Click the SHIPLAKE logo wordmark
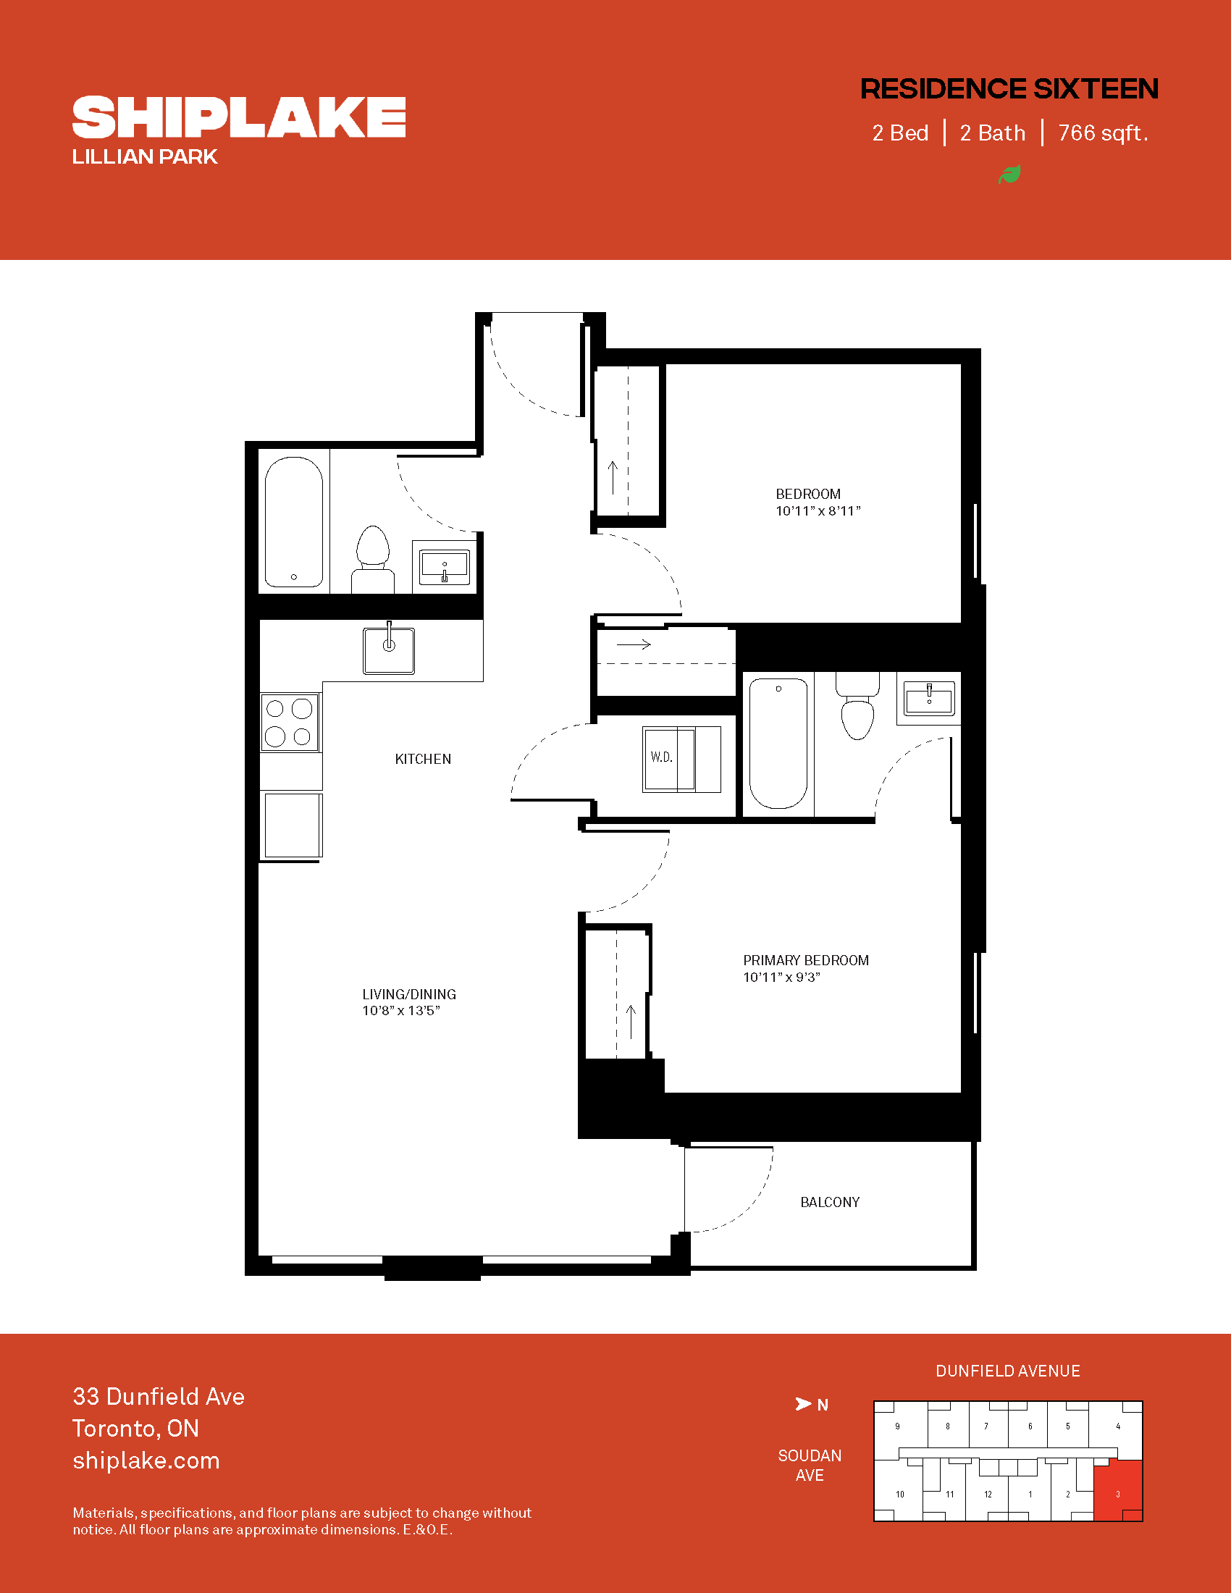coord(239,117)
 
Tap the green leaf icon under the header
coord(1009,175)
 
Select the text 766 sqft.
coord(1103,133)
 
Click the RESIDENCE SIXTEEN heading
coord(1009,89)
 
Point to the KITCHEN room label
coord(423,760)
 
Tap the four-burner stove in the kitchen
coord(290,722)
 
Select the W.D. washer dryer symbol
coord(681,759)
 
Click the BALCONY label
coord(830,1202)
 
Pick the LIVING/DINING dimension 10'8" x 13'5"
coord(401,1011)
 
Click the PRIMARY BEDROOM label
coord(806,961)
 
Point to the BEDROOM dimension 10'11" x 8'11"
coord(818,511)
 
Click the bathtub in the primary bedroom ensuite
coord(778,743)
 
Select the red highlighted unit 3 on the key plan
coord(1118,1490)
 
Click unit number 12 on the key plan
coord(988,1495)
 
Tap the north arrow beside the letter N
coord(803,1404)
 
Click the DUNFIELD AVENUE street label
coord(1008,1371)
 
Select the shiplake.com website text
coord(146,1460)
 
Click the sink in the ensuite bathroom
coord(929,699)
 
